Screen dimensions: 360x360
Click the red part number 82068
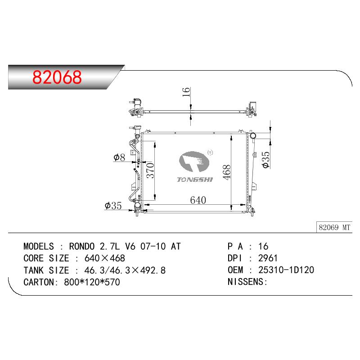pyautogui.click(x=57, y=77)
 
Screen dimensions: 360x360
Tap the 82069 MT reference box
pyautogui.click(x=334, y=227)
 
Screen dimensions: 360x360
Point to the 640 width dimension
pyautogui.click(x=198, y=200)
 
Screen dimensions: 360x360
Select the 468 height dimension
pyautogui.click(x=226, y=172)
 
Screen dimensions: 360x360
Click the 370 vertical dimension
pyautogui.click(x=150, y=170)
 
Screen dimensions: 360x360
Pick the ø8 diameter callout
pyautogui.click(x=119, y=157)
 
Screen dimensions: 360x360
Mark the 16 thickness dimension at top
pyautogui.click(x=186, y=92)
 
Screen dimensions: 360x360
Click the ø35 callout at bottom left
pyautogui.click(x=113, y=206)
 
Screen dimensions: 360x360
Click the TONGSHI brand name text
pyautogui.click(x=195, y=180)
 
